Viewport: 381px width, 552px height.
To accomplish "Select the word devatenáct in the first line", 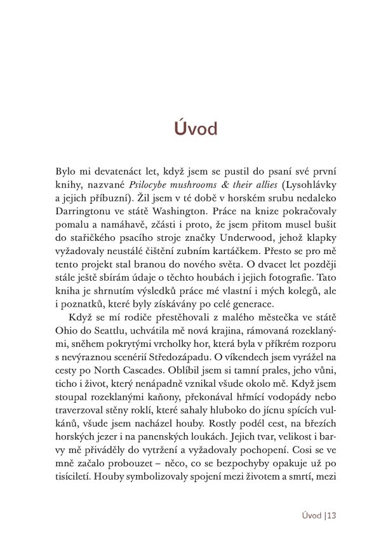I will [109, 171].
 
